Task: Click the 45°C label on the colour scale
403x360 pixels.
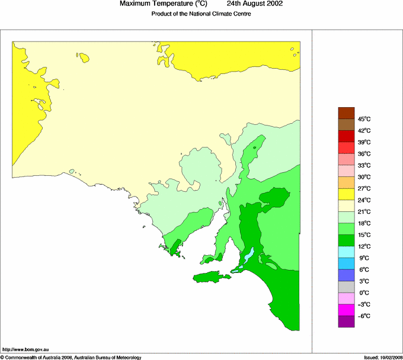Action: click(364, 119)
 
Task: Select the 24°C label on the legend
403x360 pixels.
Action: click(364, 200)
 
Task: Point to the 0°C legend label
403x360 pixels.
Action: click(364, 292)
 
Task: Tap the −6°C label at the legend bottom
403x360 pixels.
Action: click(364, 316)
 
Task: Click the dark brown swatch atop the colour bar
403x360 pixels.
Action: click(346, 113)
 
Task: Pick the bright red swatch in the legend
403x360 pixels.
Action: click(346, 147)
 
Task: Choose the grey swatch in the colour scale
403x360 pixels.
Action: click(346, 287)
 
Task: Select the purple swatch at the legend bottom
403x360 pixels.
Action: click(346, 322)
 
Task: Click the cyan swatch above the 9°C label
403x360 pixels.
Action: click(346, 252)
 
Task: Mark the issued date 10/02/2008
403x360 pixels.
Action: click(391, 357)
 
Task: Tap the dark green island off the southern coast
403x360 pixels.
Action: click(211, 277)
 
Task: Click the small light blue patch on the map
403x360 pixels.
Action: click(250, 255)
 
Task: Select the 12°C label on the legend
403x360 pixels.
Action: click(364, 246)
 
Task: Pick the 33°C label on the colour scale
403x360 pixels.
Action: click(364, 165)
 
